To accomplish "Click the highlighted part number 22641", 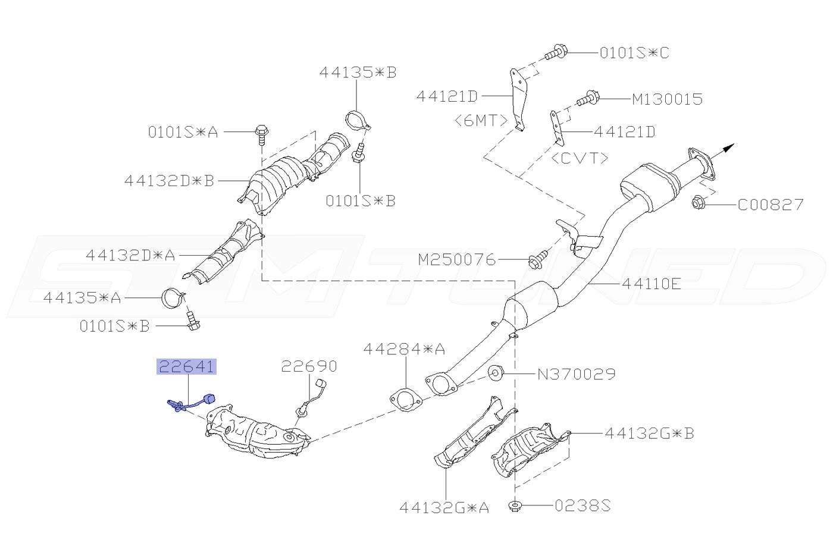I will tap(186, 367).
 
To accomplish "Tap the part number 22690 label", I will tap(309, 366).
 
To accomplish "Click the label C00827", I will tap(771, 205).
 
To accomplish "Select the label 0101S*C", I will tap(634, 53).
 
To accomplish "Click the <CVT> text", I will tap(580, 158).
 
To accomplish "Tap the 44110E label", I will tap(651, 284).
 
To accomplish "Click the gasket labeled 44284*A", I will tap(405, 399).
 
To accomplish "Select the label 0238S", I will tap(583, 506).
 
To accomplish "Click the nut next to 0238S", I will tap(514, 507).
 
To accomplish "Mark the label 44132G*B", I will tap(649, 433).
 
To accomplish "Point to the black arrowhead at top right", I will tap(729, 147).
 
